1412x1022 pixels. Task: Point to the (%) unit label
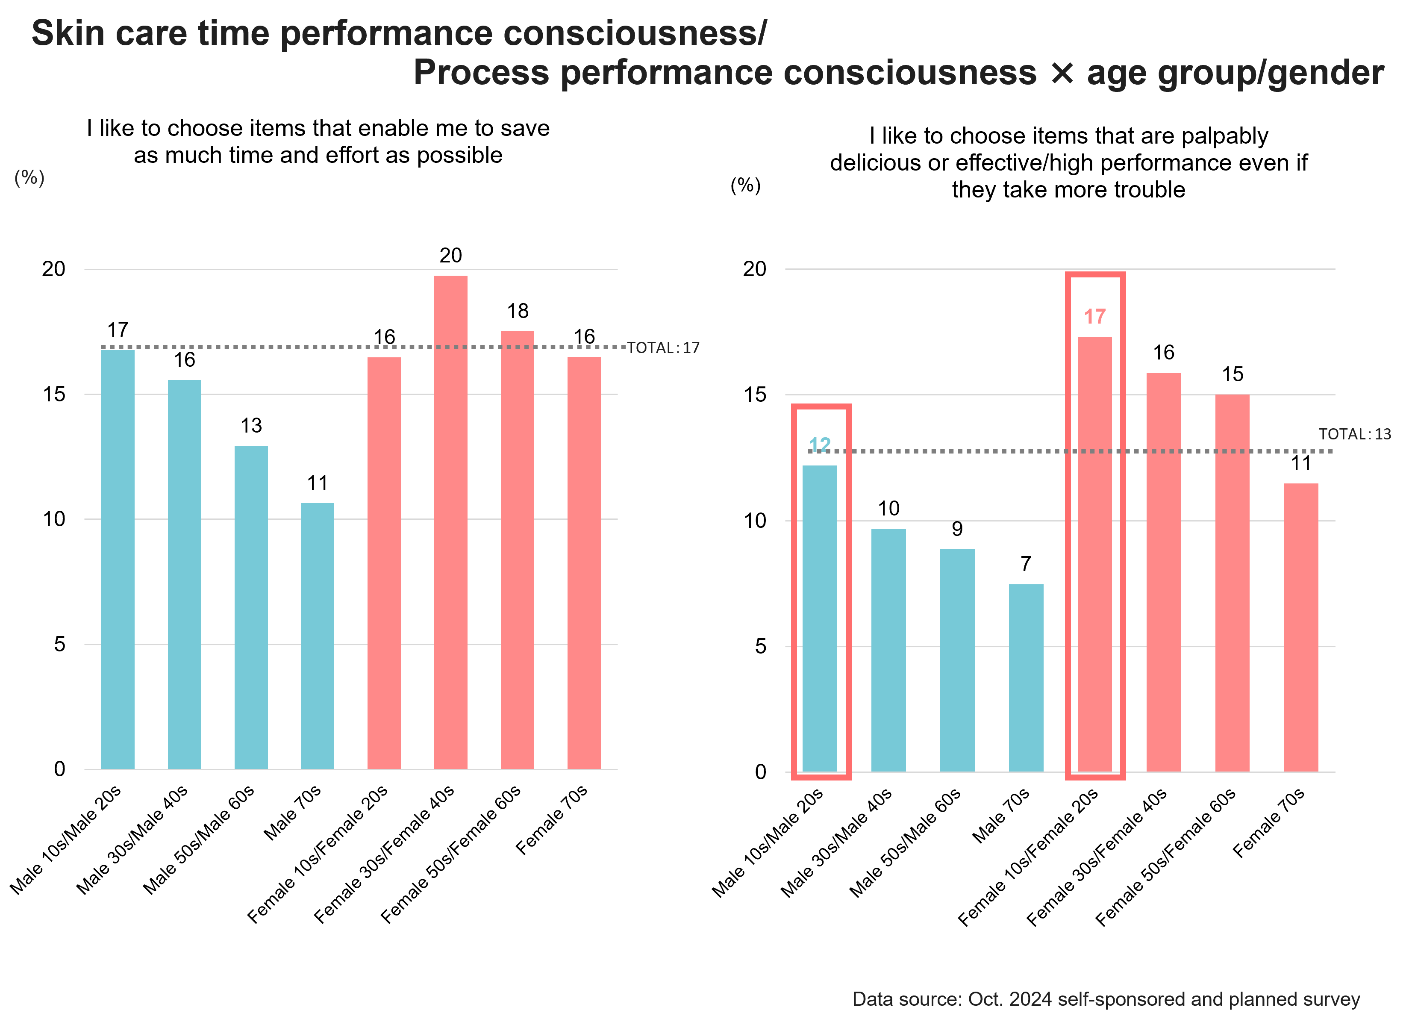pos(29,178)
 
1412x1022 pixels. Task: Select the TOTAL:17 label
pos(663,348)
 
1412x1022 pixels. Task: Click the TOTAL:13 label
pos(1355,434)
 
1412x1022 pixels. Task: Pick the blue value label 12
pos(819,445)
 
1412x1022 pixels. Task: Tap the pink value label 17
pos(1094,316)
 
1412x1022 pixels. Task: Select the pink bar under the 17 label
pos(1094,554)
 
